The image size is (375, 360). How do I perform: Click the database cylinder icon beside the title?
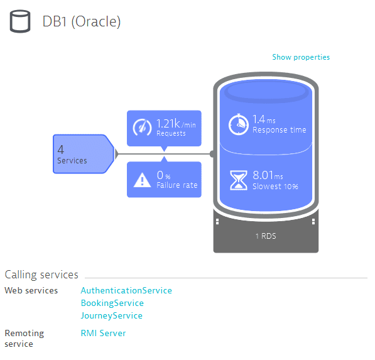click(20, 21)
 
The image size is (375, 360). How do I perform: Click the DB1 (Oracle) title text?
click(82, 21)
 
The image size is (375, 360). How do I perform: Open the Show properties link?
click(301, 57)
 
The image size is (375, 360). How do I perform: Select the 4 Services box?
click(84, 154)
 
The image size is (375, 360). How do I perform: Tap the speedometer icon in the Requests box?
click(142, 128)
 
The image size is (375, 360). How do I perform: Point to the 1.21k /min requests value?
click(176, 124)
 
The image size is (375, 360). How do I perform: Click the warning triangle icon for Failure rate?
click(142, 180)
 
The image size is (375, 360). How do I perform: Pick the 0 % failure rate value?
click(163, 175)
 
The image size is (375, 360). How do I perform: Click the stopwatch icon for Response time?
click(238, 124)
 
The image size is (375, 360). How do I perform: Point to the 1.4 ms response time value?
click(264, 119)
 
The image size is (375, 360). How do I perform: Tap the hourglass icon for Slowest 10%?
click(239, 180)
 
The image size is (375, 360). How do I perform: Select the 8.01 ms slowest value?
click(268, 175)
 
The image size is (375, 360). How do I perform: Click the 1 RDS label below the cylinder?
click(266, 236)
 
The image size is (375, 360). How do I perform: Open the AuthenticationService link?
click(126, 291)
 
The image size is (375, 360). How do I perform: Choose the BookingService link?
click(112, 303)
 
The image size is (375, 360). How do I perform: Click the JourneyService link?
click(112, 316)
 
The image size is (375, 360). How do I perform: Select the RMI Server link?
click(103, 333)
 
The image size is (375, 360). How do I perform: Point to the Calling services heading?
click(41, 275)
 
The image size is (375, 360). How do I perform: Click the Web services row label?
click(31, 291)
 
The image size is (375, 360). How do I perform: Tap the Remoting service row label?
click(24, 339)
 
